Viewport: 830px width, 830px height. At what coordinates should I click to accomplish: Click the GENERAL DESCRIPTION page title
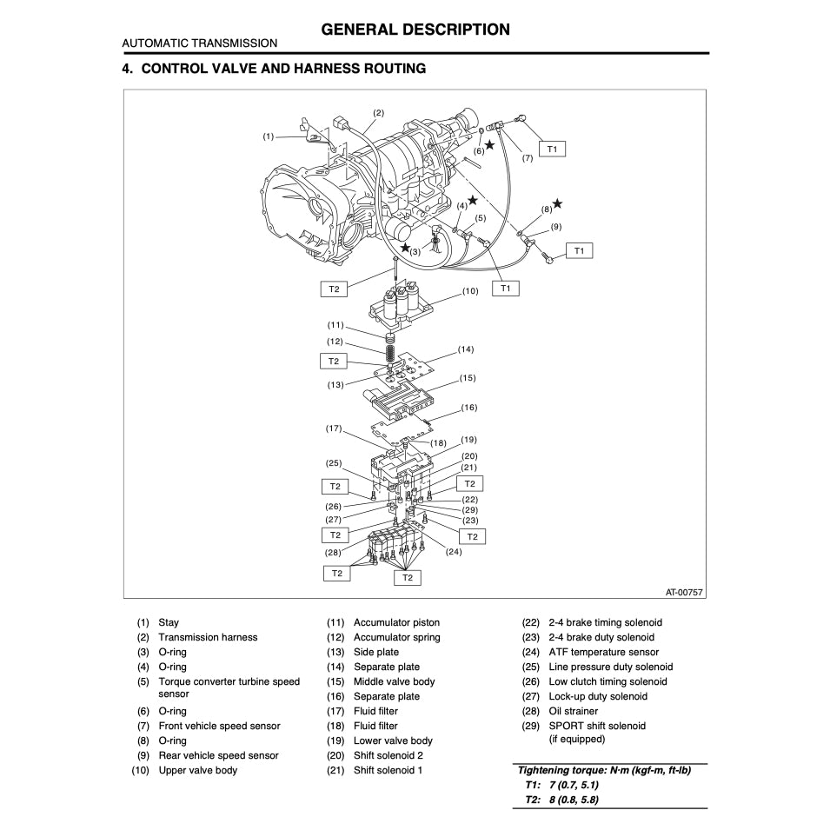[x=415, y=30]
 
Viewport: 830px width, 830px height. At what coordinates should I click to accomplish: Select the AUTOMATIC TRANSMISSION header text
[x=200, y=43]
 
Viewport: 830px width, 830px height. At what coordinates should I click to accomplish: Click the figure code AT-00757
[x=684, y=592]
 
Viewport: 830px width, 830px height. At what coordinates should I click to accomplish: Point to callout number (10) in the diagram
[x=470, y=291]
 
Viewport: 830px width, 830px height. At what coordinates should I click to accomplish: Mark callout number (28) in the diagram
[x=334, y=552]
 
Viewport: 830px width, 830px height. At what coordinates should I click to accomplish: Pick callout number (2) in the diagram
[x=378, y=113]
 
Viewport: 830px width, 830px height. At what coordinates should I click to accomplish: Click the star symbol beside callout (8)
[x=557, y=203]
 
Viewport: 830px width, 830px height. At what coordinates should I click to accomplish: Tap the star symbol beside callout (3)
[x=405, y=248]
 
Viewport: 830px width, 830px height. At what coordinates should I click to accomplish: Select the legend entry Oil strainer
[x=573, y=711]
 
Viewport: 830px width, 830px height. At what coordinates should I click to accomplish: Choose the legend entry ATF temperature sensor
[x=603, y=652]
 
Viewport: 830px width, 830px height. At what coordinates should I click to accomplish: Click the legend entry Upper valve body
[x=197, y=770]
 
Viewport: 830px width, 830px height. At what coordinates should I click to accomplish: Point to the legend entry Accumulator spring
[x=396, y=637]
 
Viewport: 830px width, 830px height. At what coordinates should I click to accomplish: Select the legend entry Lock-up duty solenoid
[x=597, y=696]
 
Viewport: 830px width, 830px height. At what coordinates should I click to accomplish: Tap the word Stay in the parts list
[x=169, y=622]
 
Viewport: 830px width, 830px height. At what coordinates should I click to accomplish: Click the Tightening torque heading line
[x=604, y=770]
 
